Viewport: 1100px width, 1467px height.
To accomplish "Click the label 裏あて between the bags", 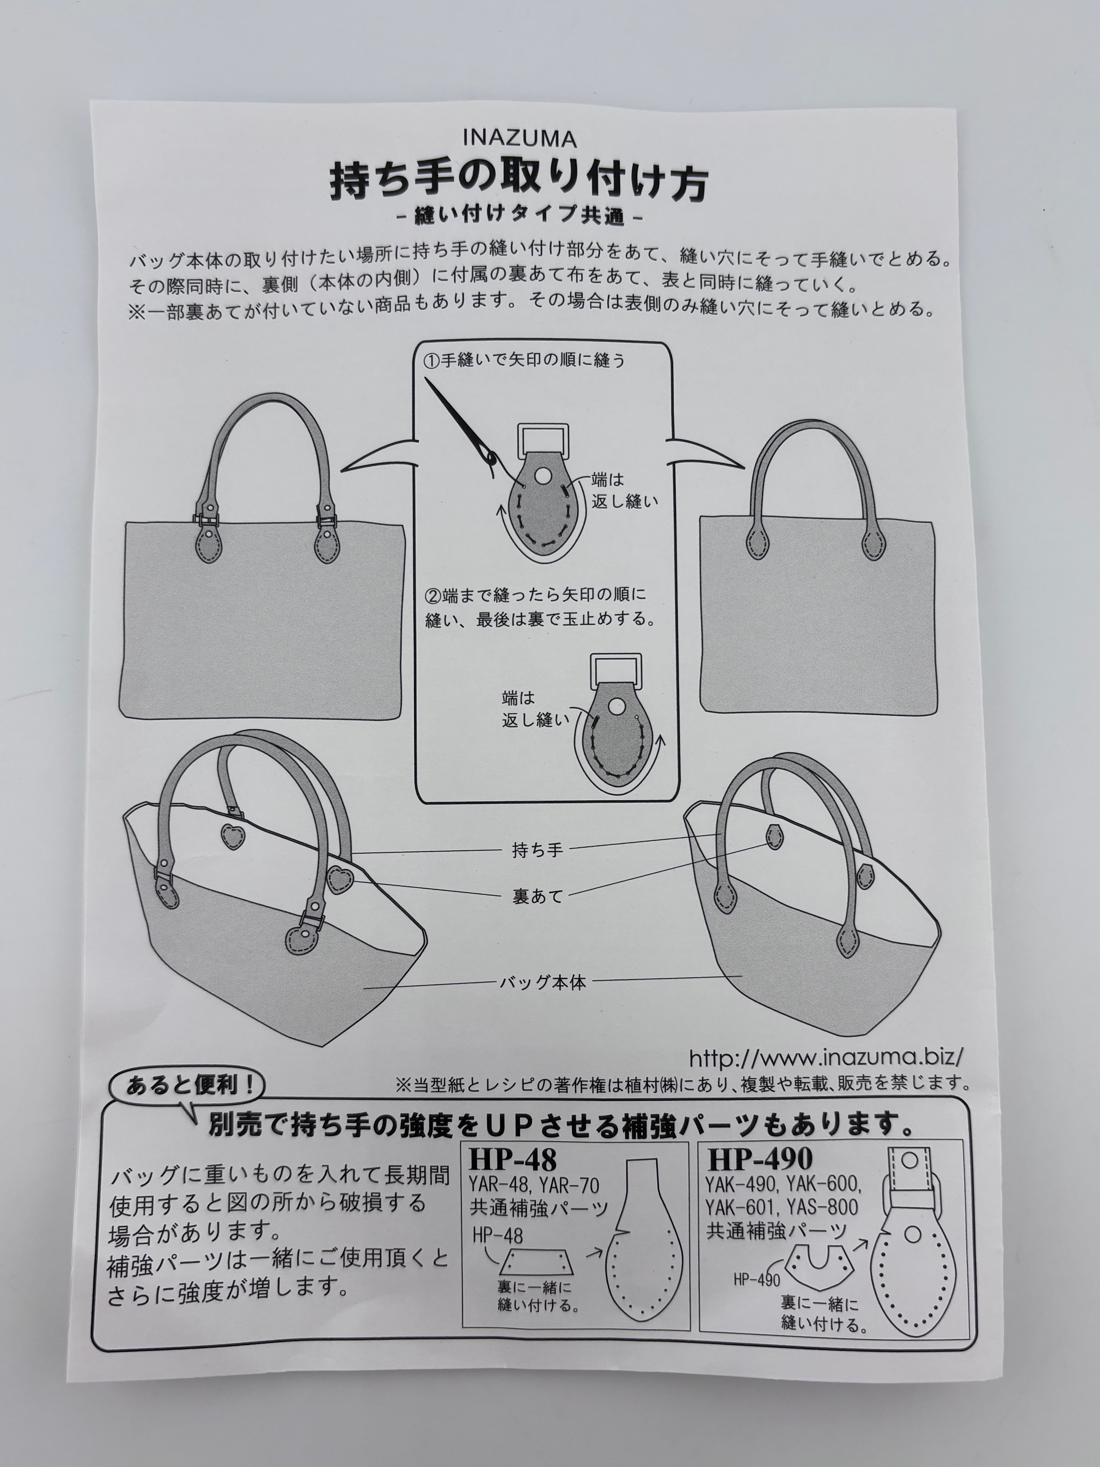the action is click(x=537, y=896).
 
